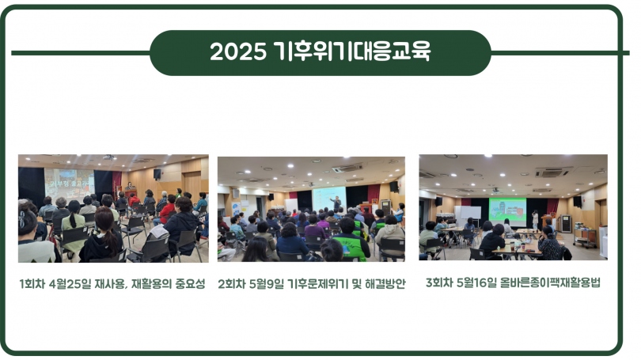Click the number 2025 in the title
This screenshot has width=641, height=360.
point(238,52)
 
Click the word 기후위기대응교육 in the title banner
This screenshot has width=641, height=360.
point(352,52)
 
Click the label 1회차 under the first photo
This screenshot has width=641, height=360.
point(32,283)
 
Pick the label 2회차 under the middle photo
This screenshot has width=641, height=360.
point(231,283)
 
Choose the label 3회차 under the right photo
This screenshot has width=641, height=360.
point(439,282)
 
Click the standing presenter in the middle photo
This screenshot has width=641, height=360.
point(337,203)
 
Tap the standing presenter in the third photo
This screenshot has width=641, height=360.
point(535,220)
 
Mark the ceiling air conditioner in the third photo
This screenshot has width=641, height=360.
point(552,172)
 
